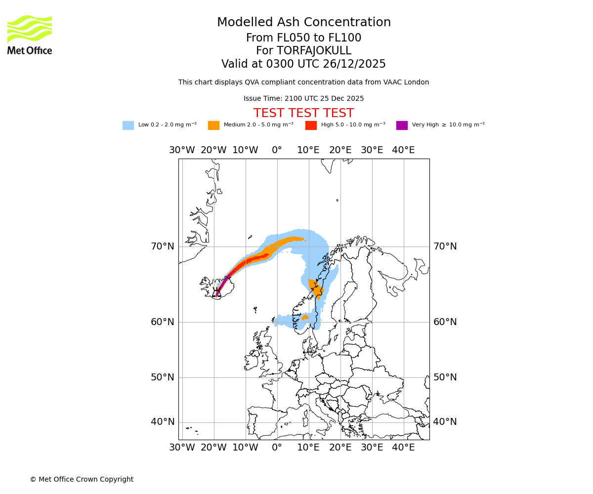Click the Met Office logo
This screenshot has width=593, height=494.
30,35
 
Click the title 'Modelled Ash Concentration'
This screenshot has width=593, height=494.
303,22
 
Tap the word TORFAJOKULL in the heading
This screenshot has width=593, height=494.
314,51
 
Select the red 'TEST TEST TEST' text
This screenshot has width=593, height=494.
303,113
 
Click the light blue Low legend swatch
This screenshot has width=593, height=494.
128,125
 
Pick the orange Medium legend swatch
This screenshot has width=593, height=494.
213,125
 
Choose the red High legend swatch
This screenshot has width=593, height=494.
311,125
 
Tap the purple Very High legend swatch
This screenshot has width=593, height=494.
402,125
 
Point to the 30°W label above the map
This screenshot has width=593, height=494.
182,150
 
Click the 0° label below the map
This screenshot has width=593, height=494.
277,448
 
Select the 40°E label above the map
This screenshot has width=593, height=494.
403,150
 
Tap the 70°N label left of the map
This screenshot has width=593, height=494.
163,246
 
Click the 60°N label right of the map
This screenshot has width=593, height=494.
445,322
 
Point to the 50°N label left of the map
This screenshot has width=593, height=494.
163,377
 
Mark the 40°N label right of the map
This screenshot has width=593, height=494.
445,421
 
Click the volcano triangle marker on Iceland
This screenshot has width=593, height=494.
216,292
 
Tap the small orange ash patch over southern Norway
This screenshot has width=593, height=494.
305,317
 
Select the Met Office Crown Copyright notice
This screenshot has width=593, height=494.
82,479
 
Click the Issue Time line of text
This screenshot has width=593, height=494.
303,98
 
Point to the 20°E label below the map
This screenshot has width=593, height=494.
340,448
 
